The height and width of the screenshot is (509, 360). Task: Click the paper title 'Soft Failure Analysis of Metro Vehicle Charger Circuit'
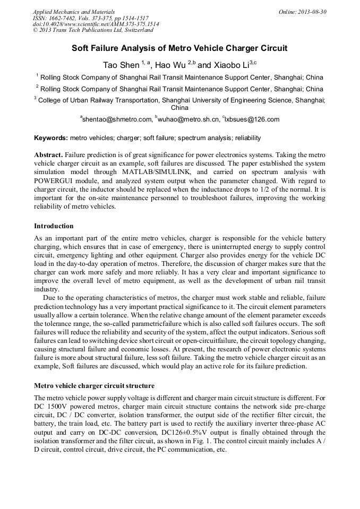coord(179,48)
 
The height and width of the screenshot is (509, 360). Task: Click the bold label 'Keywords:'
coord(51,138)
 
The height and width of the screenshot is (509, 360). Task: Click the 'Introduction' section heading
coord(54,226)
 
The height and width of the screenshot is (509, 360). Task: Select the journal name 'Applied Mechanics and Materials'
coord(74,11)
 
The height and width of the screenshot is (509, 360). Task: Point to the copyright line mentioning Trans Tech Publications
coord(93,30)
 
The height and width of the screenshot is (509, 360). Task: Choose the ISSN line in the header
coord(91,18)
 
